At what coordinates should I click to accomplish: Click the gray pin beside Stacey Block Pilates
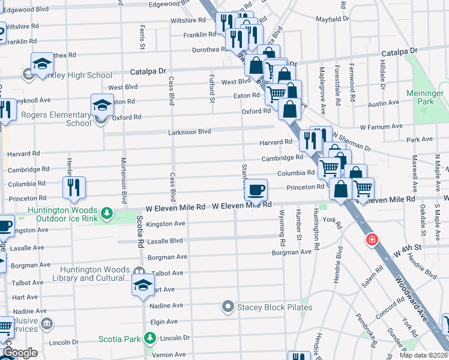coord(228,307)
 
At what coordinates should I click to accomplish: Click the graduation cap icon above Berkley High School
coord(43,63)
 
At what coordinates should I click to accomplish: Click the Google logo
coord(20,353)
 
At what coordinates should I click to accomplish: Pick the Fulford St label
coord(212,85)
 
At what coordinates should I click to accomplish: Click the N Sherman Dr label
coord(352,142)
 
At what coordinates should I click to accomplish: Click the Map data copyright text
coord(423,355)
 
